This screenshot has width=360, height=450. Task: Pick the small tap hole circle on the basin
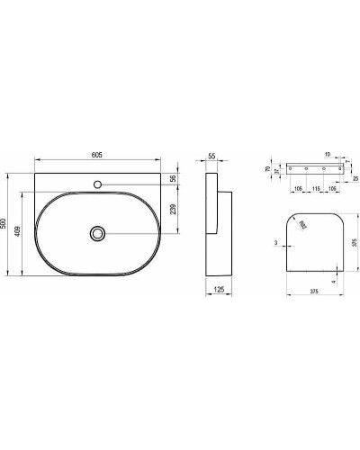[96, 185]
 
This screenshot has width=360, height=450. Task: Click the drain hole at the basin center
[96, 233]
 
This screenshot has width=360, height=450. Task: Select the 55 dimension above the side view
[211, 157]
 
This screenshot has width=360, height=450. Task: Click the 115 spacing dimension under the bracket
[315, 190]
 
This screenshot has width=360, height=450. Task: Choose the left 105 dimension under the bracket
[298, 190]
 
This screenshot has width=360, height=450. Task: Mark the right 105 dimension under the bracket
[332, 190]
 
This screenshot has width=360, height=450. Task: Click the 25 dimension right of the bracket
[356, 179]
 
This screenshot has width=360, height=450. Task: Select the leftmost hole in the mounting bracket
[292, 169]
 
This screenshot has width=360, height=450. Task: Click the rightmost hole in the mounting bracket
[338, 169]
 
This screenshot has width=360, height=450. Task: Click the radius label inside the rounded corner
[303, 225]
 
